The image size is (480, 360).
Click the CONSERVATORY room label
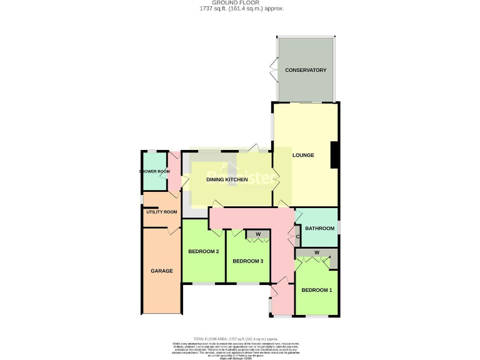[x=306, y=70]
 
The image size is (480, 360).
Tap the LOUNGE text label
[x=303, y=155]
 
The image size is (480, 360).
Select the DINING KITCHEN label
[x=227, y=180]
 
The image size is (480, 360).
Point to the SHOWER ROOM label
[x=154, y=171]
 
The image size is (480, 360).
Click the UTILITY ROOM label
[x=161, y=212]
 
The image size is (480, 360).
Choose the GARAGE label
[x=161, y=271]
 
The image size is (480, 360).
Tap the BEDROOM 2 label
[x=203, y=252]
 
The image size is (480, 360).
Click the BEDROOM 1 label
[x=317, y=290]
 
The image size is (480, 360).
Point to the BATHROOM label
[x=317, y=229]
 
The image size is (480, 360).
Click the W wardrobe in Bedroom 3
[x=257, y=235]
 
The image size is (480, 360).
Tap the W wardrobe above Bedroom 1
[x=317, y=252]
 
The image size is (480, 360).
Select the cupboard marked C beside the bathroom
[x=297, y=237]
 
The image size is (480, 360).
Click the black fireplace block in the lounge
[x=334, y=155]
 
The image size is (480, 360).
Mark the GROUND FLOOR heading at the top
[x=240, y=2]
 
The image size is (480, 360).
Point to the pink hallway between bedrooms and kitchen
[x=250, y=218]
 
